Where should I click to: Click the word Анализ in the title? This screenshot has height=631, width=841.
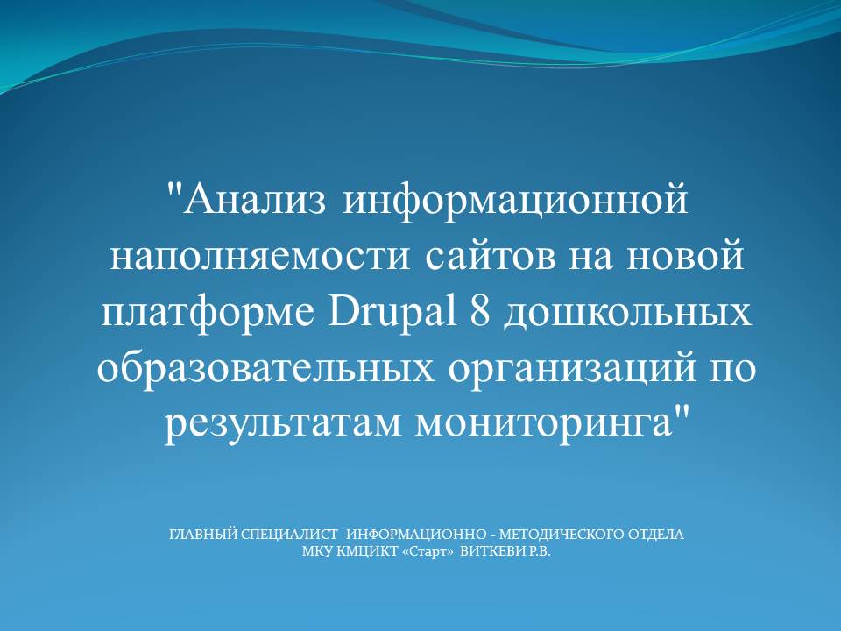coord(255,199)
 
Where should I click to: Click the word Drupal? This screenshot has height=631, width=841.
coord(392,312)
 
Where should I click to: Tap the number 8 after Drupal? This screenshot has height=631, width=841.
coord(480,310)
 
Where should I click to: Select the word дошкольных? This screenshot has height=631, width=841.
coord(627,314)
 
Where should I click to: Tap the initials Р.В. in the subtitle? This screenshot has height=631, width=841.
coord(541,551)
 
